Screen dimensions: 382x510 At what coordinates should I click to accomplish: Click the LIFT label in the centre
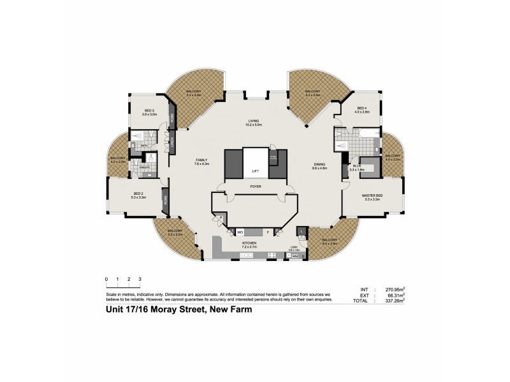tap(255, 171)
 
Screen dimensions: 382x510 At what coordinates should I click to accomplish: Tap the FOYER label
tap(255, 187)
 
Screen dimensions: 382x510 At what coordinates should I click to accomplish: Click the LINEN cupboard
tap(171, 145)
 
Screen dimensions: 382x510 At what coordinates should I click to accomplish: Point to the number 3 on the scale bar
tap(140, 279)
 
